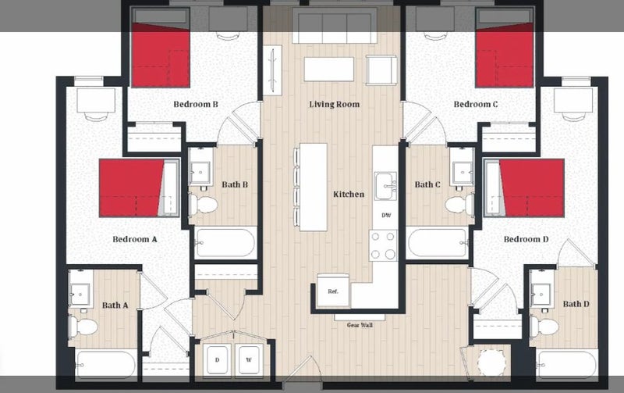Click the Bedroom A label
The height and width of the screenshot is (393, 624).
(134, 239)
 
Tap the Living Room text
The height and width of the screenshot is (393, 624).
(335, 105)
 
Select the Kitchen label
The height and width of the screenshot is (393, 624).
(349, 194)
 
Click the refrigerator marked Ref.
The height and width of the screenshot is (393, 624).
(333, 290)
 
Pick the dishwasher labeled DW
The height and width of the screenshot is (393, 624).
(386, 215)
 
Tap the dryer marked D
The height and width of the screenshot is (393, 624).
(217, 360)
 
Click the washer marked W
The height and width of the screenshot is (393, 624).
(249, 360)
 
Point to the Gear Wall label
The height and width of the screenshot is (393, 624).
(360, 325)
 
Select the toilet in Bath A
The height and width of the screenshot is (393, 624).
(83, 326)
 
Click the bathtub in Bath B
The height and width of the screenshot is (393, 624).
(225, 243)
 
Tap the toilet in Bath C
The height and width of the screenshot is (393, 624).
(459, 204)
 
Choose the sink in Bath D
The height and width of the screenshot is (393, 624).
(541, 294)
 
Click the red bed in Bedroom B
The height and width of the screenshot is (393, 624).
(161, 55)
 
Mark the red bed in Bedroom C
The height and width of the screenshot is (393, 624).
(505, 55)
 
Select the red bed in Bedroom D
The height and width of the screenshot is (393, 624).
(531, 188)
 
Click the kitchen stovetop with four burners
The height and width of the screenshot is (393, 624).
(383, 245)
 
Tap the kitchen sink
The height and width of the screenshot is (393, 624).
(385, 185)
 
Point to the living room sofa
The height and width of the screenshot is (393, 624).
(335, 26)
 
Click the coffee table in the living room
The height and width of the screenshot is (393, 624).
(329, 69)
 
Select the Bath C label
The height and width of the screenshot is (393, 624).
(427, 184)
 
